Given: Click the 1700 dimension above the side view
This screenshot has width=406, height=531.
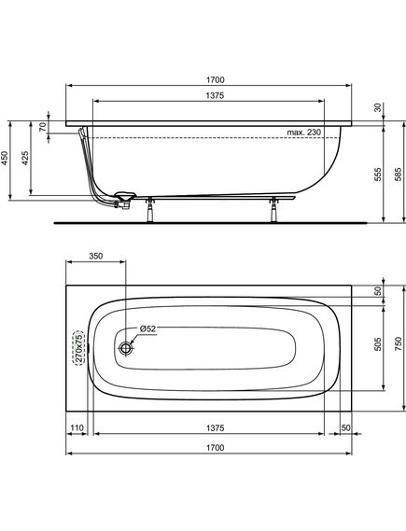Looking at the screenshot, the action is [x=216, y=80].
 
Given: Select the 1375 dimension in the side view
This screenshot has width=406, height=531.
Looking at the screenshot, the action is [x=215, y=96].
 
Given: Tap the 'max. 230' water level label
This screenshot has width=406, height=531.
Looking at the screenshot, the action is [x=303, y=133].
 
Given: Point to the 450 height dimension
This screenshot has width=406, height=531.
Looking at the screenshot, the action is [x=5, y=158].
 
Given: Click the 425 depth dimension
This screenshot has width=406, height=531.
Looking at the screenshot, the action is [x=25, y=158].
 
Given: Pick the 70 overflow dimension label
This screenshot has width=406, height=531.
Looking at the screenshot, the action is [x=43, y=127].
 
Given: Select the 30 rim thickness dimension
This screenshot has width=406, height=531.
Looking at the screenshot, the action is [x=378, y=107].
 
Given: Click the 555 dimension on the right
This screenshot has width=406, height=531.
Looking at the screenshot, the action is [x=378, y=175].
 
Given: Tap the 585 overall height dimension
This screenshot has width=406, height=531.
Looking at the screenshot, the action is [x=399, y=175].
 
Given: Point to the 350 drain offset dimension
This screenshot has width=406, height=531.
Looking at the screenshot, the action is [x=96, y=256].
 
